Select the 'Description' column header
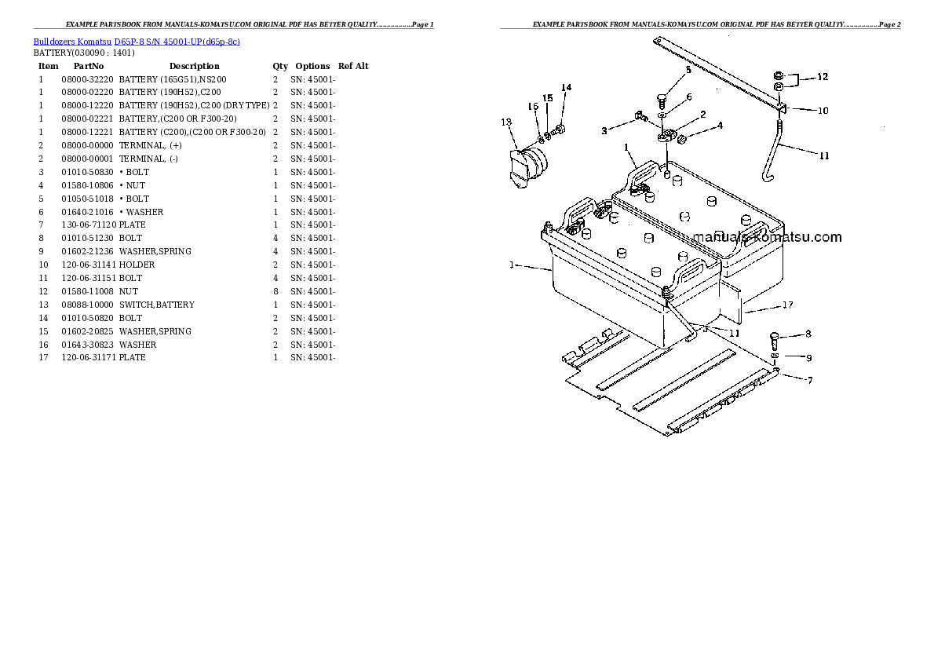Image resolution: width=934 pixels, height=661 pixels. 194,66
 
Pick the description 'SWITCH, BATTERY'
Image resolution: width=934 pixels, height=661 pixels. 156,305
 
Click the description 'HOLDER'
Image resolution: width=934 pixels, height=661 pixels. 137,265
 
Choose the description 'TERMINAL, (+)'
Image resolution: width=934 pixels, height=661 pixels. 150,145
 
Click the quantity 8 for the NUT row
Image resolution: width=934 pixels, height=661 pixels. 275,291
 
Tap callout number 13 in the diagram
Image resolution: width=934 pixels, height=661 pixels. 506,122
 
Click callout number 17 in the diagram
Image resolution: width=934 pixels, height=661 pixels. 787,305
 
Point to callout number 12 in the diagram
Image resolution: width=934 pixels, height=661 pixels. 822,77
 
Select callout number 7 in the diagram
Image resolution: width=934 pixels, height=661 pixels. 810,380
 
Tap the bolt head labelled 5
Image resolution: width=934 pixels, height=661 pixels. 662,99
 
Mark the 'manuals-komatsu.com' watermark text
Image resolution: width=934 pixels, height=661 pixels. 767,237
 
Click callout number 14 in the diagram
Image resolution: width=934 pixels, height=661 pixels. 566,88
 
